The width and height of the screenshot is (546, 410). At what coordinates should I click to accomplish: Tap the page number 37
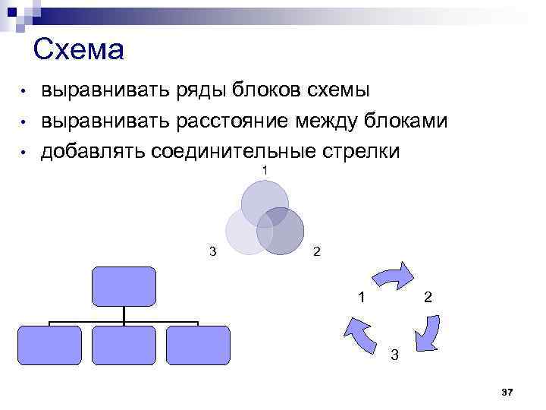pyautogui.click(x=507, y=392)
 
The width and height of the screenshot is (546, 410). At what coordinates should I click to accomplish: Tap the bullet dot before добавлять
pyautogui.click(x=24, y=153)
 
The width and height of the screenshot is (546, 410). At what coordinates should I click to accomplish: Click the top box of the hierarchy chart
pyautogui.click(x=124, y=285)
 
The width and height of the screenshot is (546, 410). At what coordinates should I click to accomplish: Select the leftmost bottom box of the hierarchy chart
pyautogui.click(x=49, y=345)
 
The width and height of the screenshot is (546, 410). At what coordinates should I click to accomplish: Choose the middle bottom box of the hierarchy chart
pyautogui.click(x=124, y=345)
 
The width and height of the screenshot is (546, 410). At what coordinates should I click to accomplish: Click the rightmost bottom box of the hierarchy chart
pyautogui.click(x=197, y=345)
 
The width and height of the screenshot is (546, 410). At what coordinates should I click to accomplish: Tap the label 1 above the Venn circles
pyautogui.click(x=265, y=170)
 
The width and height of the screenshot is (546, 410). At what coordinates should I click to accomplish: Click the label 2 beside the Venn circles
pyautogui.click(x=317, y=251)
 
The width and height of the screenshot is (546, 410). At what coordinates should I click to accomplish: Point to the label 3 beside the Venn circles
pyautogui.click(x=212, y=251)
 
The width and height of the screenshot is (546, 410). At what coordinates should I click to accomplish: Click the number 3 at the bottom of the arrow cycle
pyautogui.click(x=393, y=354)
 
